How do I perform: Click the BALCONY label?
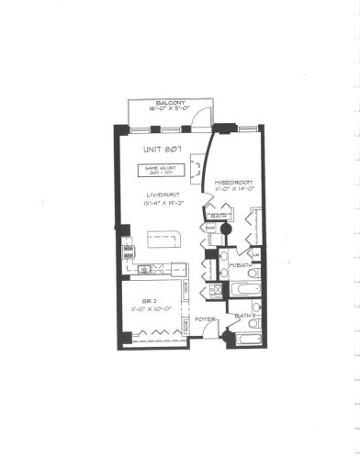coord(172,102)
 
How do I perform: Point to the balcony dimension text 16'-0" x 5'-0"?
coord(172,109)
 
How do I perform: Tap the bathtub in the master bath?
coord(241,290)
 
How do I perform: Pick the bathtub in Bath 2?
coord(242,343)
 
